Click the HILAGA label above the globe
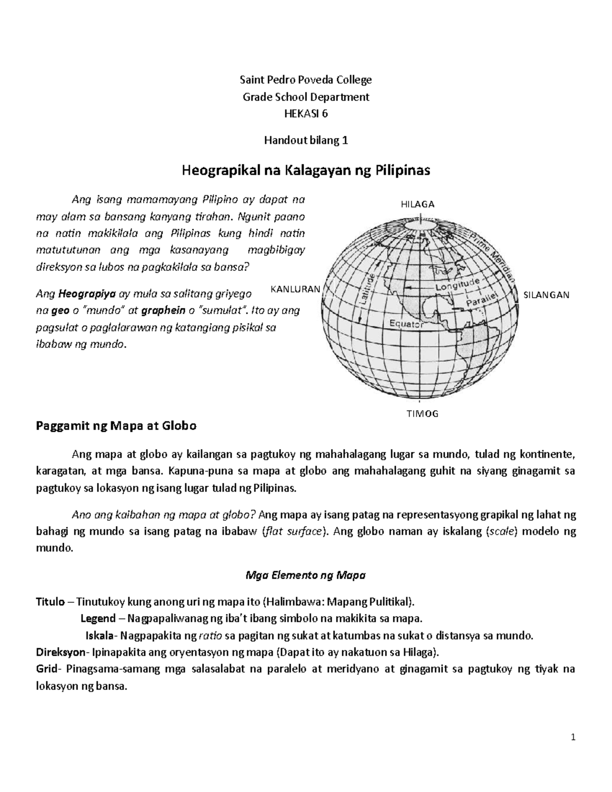tap(418, 205)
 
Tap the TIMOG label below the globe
tap(422, 414)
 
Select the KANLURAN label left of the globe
tap(295, 289)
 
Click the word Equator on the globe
tap(406, 323)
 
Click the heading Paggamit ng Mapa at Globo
tap(116, 425)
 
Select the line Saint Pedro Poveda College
tap(306, 80)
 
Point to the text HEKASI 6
tap(306, 114)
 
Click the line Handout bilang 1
tap(306, 140)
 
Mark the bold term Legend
tap(98, 619)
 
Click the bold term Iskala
tap(99, 636)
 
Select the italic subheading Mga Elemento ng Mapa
tap(305, 575)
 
